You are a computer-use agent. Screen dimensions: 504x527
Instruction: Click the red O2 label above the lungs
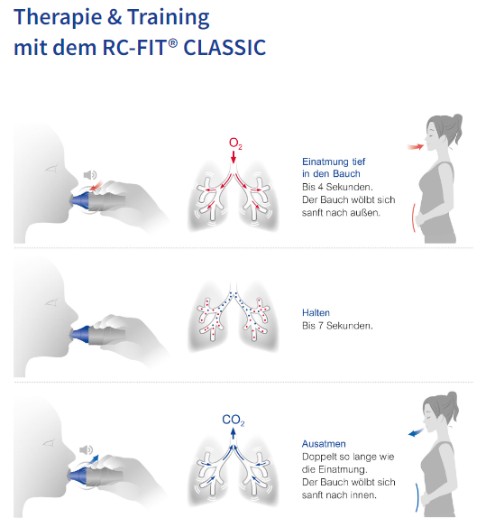click(x=235, y=143)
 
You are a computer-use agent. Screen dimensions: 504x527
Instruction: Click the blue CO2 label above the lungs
click(x=234, y=421)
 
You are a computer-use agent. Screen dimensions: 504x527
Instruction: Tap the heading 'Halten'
click(x=316, y=312)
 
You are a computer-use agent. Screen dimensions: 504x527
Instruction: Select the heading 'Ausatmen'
click(x=324, y=444)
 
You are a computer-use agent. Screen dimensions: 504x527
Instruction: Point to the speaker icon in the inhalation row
click(x=90, y=175)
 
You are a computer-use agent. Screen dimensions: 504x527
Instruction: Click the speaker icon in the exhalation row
click(x=86, y=449)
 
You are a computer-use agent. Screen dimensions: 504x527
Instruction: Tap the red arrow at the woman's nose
click(x=416, y=146)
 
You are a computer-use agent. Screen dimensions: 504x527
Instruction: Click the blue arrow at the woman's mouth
click(x=416, y=432)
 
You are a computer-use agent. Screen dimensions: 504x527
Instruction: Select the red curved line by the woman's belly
click(x=413, y=217)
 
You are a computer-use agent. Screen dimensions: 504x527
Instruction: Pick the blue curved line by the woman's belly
click(x=418, y=497)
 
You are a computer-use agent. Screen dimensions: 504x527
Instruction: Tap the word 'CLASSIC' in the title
click(x=225, y=48)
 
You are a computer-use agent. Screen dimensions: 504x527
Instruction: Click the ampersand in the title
click(x=115, y=17)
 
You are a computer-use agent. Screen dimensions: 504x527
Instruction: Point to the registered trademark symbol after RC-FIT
click(x=172, y=42)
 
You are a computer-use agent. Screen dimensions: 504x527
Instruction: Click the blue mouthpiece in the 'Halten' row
click(x=80, y=334)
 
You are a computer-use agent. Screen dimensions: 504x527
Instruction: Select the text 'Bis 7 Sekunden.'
click(x=337, y=326)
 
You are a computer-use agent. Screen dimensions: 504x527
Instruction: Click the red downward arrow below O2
click(x=234, y=157)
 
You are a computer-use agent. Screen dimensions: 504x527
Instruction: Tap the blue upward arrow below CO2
click(x=234, y=434)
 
